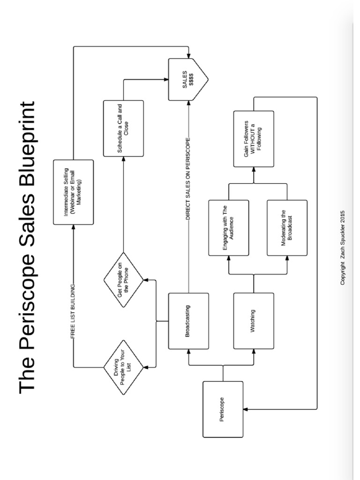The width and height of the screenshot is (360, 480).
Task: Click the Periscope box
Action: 223,409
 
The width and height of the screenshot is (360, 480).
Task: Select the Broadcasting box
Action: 188,321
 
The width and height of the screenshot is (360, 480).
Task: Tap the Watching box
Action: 254,321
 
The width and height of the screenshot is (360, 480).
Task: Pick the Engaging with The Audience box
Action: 229,228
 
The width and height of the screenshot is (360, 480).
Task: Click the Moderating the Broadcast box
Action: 287,228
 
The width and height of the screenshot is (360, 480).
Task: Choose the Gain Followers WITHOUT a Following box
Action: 254,139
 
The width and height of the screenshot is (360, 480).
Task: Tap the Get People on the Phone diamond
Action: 123,280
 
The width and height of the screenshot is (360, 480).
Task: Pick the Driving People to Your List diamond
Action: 123,367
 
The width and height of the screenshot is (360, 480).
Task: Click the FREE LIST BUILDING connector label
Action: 74,311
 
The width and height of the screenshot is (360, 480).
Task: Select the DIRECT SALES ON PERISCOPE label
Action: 188,179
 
